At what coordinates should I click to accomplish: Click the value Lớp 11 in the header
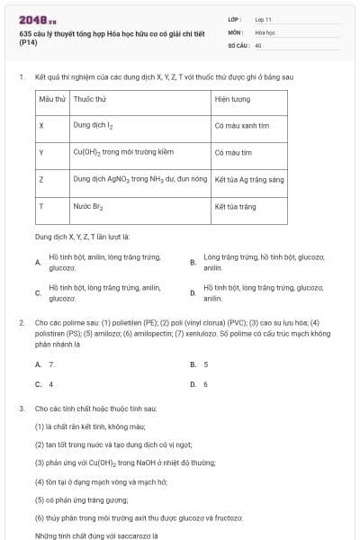click(x=263, y=19)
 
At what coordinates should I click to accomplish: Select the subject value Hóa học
click(x=264, y=31)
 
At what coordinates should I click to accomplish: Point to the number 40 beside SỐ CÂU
click(x=258, y=44)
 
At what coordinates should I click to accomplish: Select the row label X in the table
click(x=42, y=126)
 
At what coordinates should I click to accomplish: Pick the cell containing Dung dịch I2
click(x=94, y=126)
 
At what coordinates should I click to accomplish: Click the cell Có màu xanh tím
click(x=242, y=126)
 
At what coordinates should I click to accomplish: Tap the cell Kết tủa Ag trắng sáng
click(x=249, y=180)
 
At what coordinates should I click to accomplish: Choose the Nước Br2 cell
click(x=88, y=207)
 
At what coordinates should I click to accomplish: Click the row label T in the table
click(x=42, y=207)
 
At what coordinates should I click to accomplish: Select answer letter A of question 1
click(x=38, y=263)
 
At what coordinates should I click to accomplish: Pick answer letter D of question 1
click(x=193, y=292)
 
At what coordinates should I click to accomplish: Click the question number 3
click(x=21, y=408)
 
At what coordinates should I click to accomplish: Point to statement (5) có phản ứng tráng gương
click(x=82, y=499)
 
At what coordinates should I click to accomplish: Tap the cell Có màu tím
click(x=233, y=153)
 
